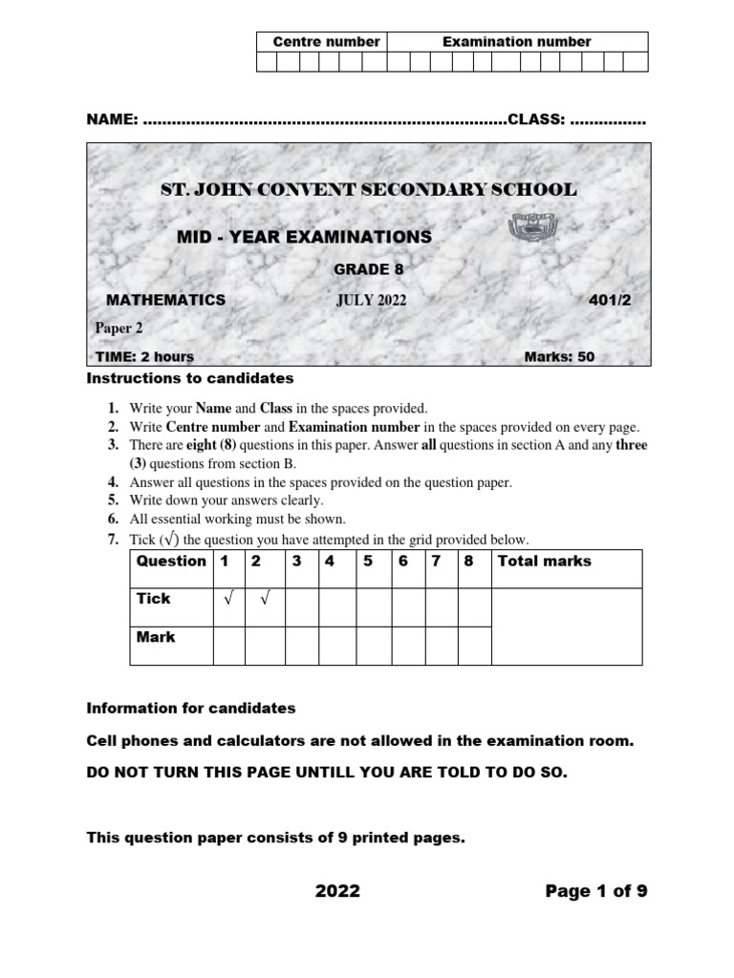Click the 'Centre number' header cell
[326, 42]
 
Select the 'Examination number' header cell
[516, 42]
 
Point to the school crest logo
[528, 230]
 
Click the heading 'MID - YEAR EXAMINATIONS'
[305, 237]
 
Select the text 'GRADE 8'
[361, 269]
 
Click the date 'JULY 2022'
[371, 301]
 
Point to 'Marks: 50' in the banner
[559, 357]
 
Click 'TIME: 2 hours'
[144, 357]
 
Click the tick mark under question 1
[227, 599]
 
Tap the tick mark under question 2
[263, 599]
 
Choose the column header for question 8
[468, 562]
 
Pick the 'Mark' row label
[156, 636]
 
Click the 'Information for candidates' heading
[191, 709]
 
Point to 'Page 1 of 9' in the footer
[596, 891]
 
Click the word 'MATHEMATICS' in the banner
[165, 300]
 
